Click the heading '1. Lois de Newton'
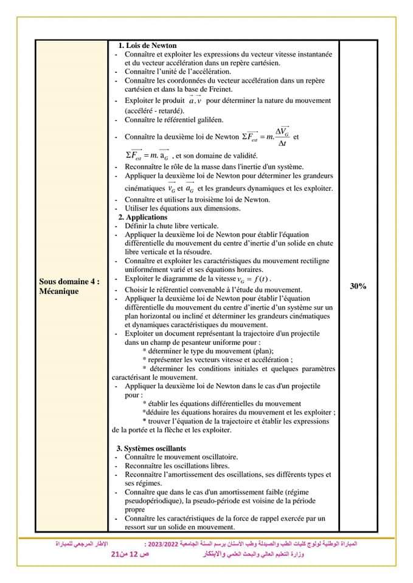click(147, 46)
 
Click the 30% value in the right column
click(358, 285)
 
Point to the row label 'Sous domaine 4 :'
click(69, 282)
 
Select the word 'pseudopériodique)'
click(153, 499)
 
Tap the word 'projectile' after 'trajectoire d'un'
click(302, 333)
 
